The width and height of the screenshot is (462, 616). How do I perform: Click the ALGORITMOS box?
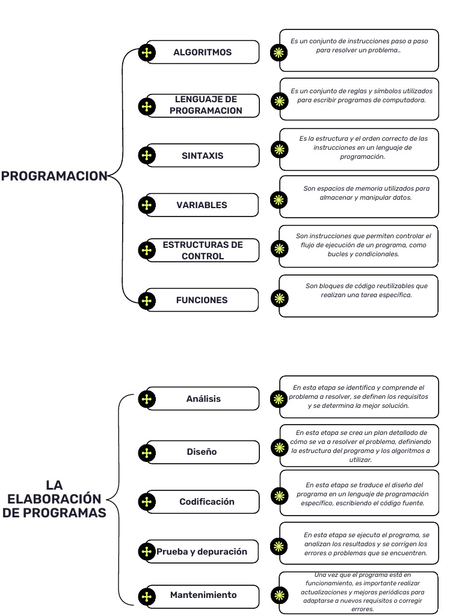coord(203,52)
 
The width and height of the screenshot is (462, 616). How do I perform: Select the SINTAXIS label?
coord(203,156)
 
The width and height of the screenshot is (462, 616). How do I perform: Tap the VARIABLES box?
coord(202,205)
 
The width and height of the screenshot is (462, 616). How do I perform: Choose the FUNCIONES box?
coord(202,300)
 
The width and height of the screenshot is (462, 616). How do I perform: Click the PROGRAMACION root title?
coord(54,176)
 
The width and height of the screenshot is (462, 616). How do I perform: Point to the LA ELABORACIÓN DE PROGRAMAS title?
coord(54,499)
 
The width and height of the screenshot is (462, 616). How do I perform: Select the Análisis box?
coord(203,399)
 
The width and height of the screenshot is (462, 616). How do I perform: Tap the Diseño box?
coord(202,452)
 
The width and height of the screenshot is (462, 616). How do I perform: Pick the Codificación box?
coord(207,502)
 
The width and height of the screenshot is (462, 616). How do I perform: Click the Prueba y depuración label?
coord(202,552)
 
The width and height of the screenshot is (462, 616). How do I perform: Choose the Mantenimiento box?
coord(203,595)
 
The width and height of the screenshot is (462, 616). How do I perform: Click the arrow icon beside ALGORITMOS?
coord(146,53)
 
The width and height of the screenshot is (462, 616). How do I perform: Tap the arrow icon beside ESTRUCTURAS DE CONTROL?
coord(146,250)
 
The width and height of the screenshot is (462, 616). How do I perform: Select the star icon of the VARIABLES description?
coord(279,200)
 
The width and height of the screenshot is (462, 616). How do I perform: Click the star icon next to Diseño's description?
coord(279,447)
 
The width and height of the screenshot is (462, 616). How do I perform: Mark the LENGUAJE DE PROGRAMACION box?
coord(206,105)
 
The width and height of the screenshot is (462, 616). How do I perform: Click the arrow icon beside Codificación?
coord(146,502)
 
